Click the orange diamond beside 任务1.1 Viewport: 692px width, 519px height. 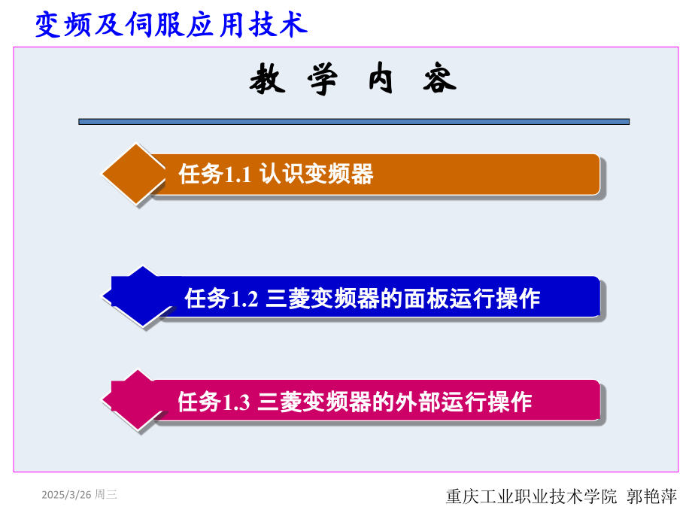134,174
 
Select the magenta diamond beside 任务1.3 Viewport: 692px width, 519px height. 136,400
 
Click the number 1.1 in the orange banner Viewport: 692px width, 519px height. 238,175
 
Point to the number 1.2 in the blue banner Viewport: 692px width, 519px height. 244,299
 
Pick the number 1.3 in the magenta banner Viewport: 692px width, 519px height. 237,402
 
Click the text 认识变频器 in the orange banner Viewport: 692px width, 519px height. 317,174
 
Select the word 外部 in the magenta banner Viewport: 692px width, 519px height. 418,402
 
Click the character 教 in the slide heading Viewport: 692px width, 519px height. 267,78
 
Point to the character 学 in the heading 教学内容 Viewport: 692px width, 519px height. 323,79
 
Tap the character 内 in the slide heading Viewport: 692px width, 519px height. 381,78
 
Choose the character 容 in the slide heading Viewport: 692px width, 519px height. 439,78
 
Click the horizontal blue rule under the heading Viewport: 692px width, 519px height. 354,122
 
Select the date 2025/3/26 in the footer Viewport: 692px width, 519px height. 67,495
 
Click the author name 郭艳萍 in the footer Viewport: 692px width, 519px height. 652,496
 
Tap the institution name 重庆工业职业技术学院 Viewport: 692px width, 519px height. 531,496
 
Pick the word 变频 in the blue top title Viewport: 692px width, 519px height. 63,25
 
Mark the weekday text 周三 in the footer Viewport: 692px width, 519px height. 106,495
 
